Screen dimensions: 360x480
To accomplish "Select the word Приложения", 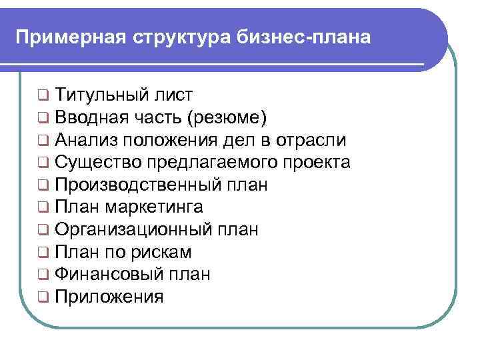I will [x=109, y=297].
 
